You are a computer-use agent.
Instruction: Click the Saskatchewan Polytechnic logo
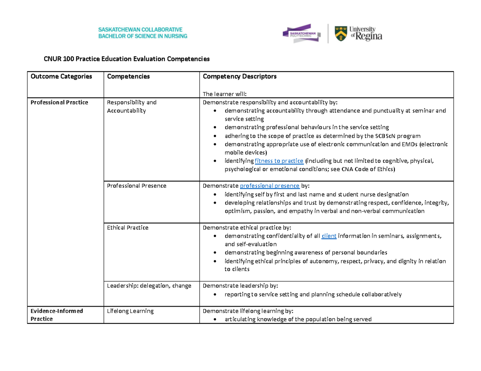301,34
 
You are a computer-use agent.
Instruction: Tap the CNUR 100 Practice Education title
127,59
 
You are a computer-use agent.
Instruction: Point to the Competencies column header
128,76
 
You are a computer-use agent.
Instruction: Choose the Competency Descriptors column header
240,76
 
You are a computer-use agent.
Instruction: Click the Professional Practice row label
59,102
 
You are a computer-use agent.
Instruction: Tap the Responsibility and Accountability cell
131,106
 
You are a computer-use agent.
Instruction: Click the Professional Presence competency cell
136,186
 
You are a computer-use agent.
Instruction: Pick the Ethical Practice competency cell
127,228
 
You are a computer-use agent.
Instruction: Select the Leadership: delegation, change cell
149,286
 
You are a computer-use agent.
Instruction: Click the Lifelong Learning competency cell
130,311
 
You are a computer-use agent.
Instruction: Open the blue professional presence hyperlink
269,186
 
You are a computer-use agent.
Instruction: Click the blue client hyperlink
329,236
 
